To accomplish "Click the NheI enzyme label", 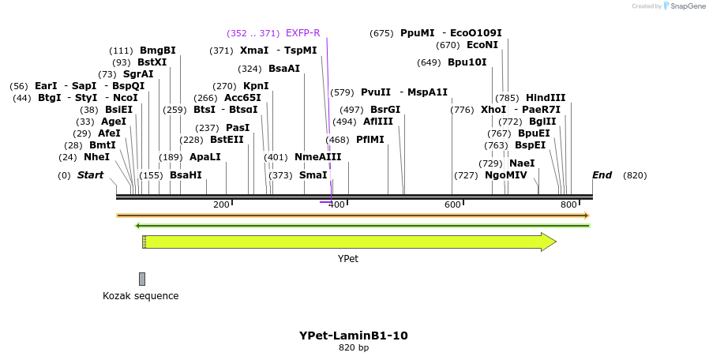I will [x=96, y=157].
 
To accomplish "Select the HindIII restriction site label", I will [x=546, y=98].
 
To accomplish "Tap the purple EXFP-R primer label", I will [x=302, y=33].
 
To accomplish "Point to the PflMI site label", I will [x=370, y=140].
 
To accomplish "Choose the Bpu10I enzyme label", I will [x=467, y=62].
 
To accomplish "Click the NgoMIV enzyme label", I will [x=505, y=175].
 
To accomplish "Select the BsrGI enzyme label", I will [x=385, y=110].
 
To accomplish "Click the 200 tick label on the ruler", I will [x=221, y=205].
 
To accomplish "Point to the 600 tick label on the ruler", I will [x=452, y=205].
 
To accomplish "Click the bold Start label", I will [x=90, y=175].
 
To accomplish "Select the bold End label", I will [x=602, y=175].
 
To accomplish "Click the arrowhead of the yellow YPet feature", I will [x=549, y=242].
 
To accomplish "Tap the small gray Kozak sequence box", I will [x=142, y=279].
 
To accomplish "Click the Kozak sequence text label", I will [x=141, y=296].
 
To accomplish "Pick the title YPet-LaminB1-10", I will [x=354, y=336].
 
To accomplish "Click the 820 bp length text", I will [x=354, y=347].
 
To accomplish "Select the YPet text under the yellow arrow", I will [x=348, y=258].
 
